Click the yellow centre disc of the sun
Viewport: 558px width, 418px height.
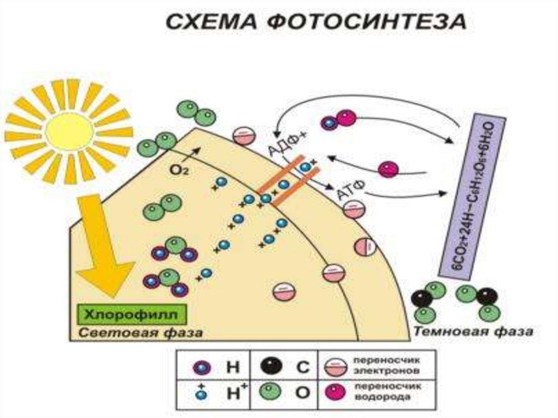pos(69,131)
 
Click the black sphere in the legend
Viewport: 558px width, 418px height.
pos(273,367)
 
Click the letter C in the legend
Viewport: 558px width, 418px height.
pos(303,367)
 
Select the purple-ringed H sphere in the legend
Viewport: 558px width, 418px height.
pos(201,367)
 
